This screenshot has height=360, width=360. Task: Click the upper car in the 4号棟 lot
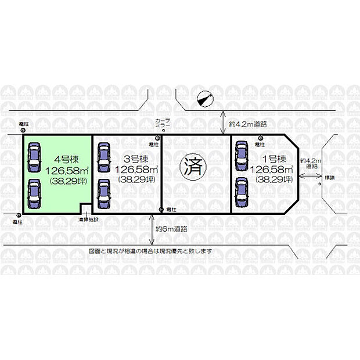[34, 156]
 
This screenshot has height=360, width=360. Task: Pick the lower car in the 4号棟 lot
[34, 192]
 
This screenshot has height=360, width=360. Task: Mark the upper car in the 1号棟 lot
[241, 155]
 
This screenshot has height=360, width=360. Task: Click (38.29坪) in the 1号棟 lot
[271, 180]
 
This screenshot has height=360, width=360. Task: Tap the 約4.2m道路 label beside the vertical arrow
[247, 124]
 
